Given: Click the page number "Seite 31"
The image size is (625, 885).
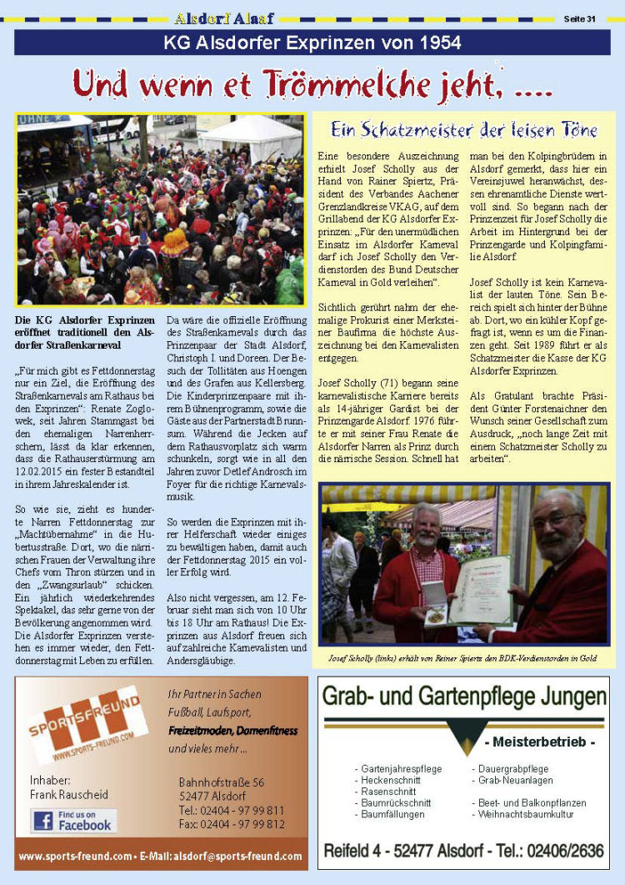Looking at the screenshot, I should coord(579,18).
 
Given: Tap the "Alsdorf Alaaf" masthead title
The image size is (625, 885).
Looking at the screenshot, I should coord(224,18).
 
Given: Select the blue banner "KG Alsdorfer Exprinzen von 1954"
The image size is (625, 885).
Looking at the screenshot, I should coord(312,43).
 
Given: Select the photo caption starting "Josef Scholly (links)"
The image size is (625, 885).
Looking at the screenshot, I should coord(463,658).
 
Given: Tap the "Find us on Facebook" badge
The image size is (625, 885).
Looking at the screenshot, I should coord(73,820).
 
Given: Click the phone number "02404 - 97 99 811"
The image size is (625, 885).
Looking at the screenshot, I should coord(232,810).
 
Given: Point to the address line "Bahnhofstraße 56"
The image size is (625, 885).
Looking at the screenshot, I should coord(222,782).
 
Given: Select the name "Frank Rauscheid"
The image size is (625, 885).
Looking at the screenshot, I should coord(69,794).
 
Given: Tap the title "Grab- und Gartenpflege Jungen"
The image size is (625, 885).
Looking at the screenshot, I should coord(464,696).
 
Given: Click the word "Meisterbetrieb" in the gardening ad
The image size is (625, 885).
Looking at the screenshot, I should coord(539,742).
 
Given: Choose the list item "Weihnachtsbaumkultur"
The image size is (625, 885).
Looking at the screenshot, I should coord(526,813).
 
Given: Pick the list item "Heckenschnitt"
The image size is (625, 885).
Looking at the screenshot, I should coord(390,780).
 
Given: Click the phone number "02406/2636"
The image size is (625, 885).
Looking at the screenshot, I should coord(560,850).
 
